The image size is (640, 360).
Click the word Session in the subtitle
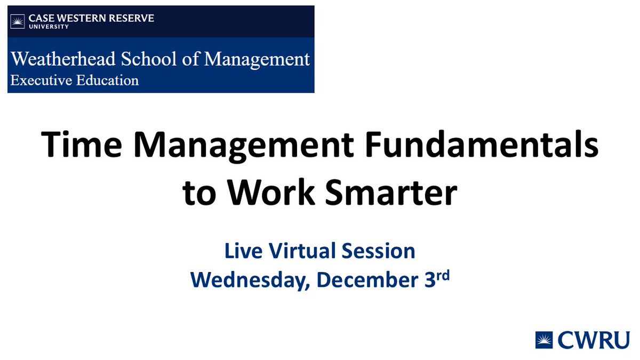click(x=374, y=251)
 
